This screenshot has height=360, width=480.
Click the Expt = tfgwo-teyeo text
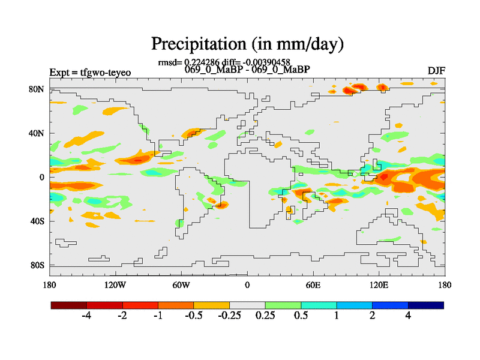[90, 73]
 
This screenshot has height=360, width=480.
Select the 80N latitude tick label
[37, 89]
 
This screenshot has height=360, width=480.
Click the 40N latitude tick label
[37, 133]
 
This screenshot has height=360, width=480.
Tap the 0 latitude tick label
[42, 177]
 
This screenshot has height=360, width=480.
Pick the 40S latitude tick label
[37, 221]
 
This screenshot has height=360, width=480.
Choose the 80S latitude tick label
[37, 265]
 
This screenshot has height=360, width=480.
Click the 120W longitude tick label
[115, 284]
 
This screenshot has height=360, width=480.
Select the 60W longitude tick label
[181, 284]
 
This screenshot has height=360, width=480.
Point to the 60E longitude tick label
[313, 284]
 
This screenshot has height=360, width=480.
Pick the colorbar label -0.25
[229, 316]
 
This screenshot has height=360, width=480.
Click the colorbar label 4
[408, 316]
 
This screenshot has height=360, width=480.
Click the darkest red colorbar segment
[69, 305]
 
